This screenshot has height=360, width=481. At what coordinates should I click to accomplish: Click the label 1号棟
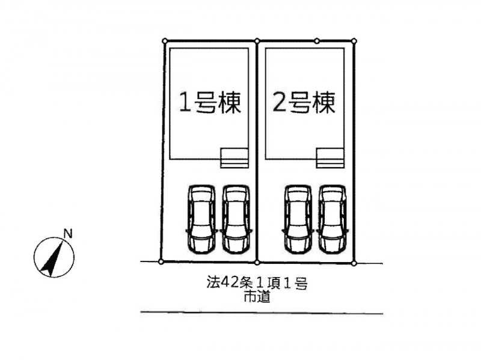tap(209, 103)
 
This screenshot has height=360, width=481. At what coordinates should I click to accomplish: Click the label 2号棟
tap(304, 103)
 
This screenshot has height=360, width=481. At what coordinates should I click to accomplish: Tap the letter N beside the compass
tap(68, 234)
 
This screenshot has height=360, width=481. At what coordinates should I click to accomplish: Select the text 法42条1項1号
tap(257, 284)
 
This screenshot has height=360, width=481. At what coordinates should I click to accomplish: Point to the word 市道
tap(257, 297)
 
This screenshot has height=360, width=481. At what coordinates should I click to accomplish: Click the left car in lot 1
tap(201, 219)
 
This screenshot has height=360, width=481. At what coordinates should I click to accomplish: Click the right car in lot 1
tap(235, 219)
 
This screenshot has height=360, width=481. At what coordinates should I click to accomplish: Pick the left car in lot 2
tap(298, 219)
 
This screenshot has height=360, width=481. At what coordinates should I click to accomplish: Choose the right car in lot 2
tap(332, 219)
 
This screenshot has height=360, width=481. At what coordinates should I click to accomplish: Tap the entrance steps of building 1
tap(234, 158)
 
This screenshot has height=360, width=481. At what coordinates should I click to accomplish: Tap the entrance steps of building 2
tap(330, 158)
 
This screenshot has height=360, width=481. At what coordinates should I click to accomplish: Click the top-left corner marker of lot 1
tap(165, 41)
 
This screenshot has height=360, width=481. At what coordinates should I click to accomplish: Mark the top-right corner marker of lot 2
tap(354, 41)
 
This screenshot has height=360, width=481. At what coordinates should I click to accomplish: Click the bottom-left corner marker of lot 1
tap(161, 261)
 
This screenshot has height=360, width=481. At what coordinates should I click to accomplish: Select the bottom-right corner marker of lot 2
tap(354, 263)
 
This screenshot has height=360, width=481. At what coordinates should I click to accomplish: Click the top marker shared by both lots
tap(257, 41)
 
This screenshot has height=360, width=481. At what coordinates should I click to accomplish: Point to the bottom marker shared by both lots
tap(257, 262)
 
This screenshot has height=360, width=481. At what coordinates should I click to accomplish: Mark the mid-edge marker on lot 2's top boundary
tap(317, 41)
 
